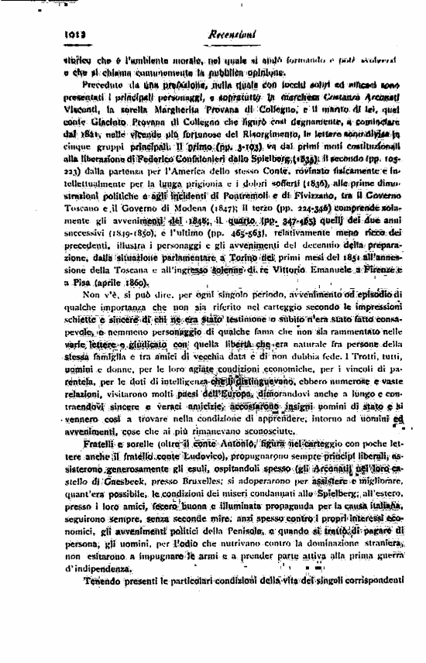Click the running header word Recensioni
coord(231,34)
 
